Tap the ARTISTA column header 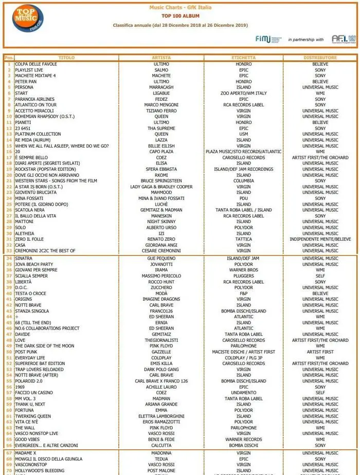click(161, 58)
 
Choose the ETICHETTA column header click(243, 58)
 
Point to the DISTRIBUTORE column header click(320, 58)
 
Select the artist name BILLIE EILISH click(161, 146)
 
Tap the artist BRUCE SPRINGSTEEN click(161, 181)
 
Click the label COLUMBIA click(243, 181)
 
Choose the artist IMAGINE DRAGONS click(161, 299)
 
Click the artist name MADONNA click(161, 453)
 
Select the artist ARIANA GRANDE click(161, 405)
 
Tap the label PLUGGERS click(243, 276)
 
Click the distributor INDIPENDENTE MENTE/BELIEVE click(320, 240)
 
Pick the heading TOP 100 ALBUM click(180, 16)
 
